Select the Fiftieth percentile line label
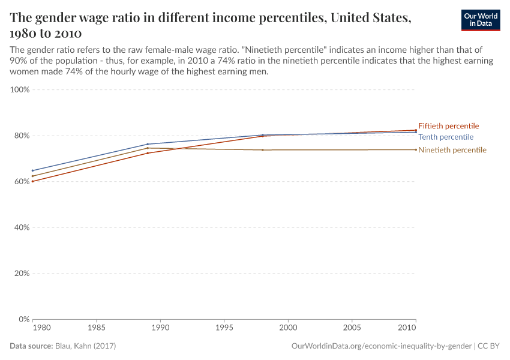click(x=448, y=126)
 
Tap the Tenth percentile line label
click(x=445, y=137)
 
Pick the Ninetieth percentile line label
click(x=452, y=150)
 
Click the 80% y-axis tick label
click(x=21, y=136)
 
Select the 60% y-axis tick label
click(x=21, y=182)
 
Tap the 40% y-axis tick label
click(x=21, y=227)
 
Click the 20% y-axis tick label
click(x=21, y=274)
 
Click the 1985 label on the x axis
click(x=97, y=329)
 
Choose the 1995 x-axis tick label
click(x=224, y=329)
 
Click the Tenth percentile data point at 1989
click(x=148, y=144)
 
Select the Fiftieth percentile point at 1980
click(x=32, y=181)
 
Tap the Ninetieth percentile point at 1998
click(x=262, y=150)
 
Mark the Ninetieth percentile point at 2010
click(x=415, y=149)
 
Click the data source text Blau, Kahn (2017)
click(x=85, y=346)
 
